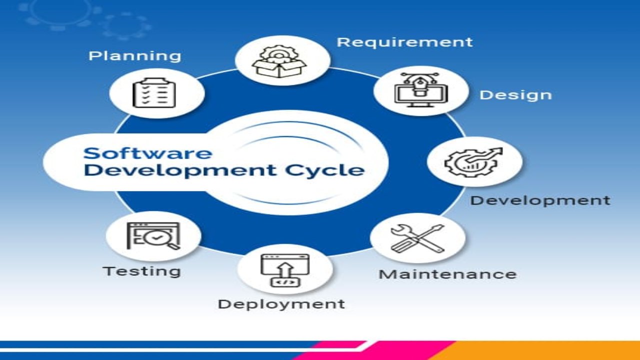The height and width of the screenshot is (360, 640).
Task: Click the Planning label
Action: tap(134, 55)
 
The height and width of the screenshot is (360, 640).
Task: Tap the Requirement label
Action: tap(404, 42)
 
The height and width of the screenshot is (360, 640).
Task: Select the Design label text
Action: tap(515, 95)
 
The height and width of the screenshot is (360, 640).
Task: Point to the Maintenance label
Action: tap(447, 274)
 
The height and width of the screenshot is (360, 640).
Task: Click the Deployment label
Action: tap(281, 303)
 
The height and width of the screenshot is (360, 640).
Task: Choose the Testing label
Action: tap(141, 271)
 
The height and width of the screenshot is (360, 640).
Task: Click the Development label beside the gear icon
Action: tap(540, 200)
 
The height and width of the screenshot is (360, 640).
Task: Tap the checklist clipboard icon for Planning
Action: tap(154, 93)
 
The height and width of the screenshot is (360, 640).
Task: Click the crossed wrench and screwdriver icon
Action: tap(417, 238)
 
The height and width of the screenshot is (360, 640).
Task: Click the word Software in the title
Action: tap(147, 152)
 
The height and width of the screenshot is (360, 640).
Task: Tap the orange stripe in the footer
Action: tap(540, 350)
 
